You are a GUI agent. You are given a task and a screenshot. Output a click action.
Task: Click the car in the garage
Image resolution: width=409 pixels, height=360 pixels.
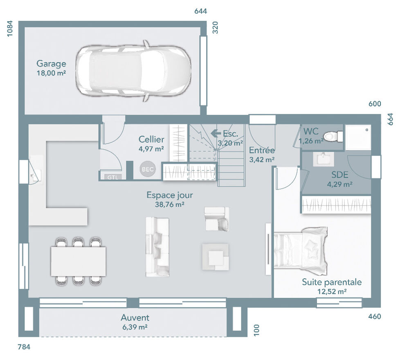(134, 71)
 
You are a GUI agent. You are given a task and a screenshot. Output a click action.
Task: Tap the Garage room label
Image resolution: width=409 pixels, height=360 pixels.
(51, 64)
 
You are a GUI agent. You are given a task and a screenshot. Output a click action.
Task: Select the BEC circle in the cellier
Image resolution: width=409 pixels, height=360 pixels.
(148, 169)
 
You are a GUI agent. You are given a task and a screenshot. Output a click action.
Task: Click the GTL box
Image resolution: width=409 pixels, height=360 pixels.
(111, 177)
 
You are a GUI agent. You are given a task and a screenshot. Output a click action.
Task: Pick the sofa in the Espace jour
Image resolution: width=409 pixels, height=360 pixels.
(157, 246)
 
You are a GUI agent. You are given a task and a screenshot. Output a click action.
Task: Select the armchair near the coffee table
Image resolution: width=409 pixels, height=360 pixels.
(217, 219)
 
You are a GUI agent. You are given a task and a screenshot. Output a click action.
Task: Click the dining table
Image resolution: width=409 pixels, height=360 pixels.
(78, 261)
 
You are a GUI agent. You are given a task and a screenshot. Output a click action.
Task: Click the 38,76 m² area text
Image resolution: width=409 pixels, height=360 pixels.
(169, 205)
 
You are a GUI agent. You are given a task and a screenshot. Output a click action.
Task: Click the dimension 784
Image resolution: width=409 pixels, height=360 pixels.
(25, 347)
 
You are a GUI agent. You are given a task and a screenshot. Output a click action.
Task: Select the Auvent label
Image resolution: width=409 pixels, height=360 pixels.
(135, 318)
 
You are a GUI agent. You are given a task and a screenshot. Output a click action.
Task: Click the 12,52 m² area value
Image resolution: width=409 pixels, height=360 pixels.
(332, 291)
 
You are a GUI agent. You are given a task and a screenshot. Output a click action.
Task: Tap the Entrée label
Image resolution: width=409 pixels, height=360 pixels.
(262, 150)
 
